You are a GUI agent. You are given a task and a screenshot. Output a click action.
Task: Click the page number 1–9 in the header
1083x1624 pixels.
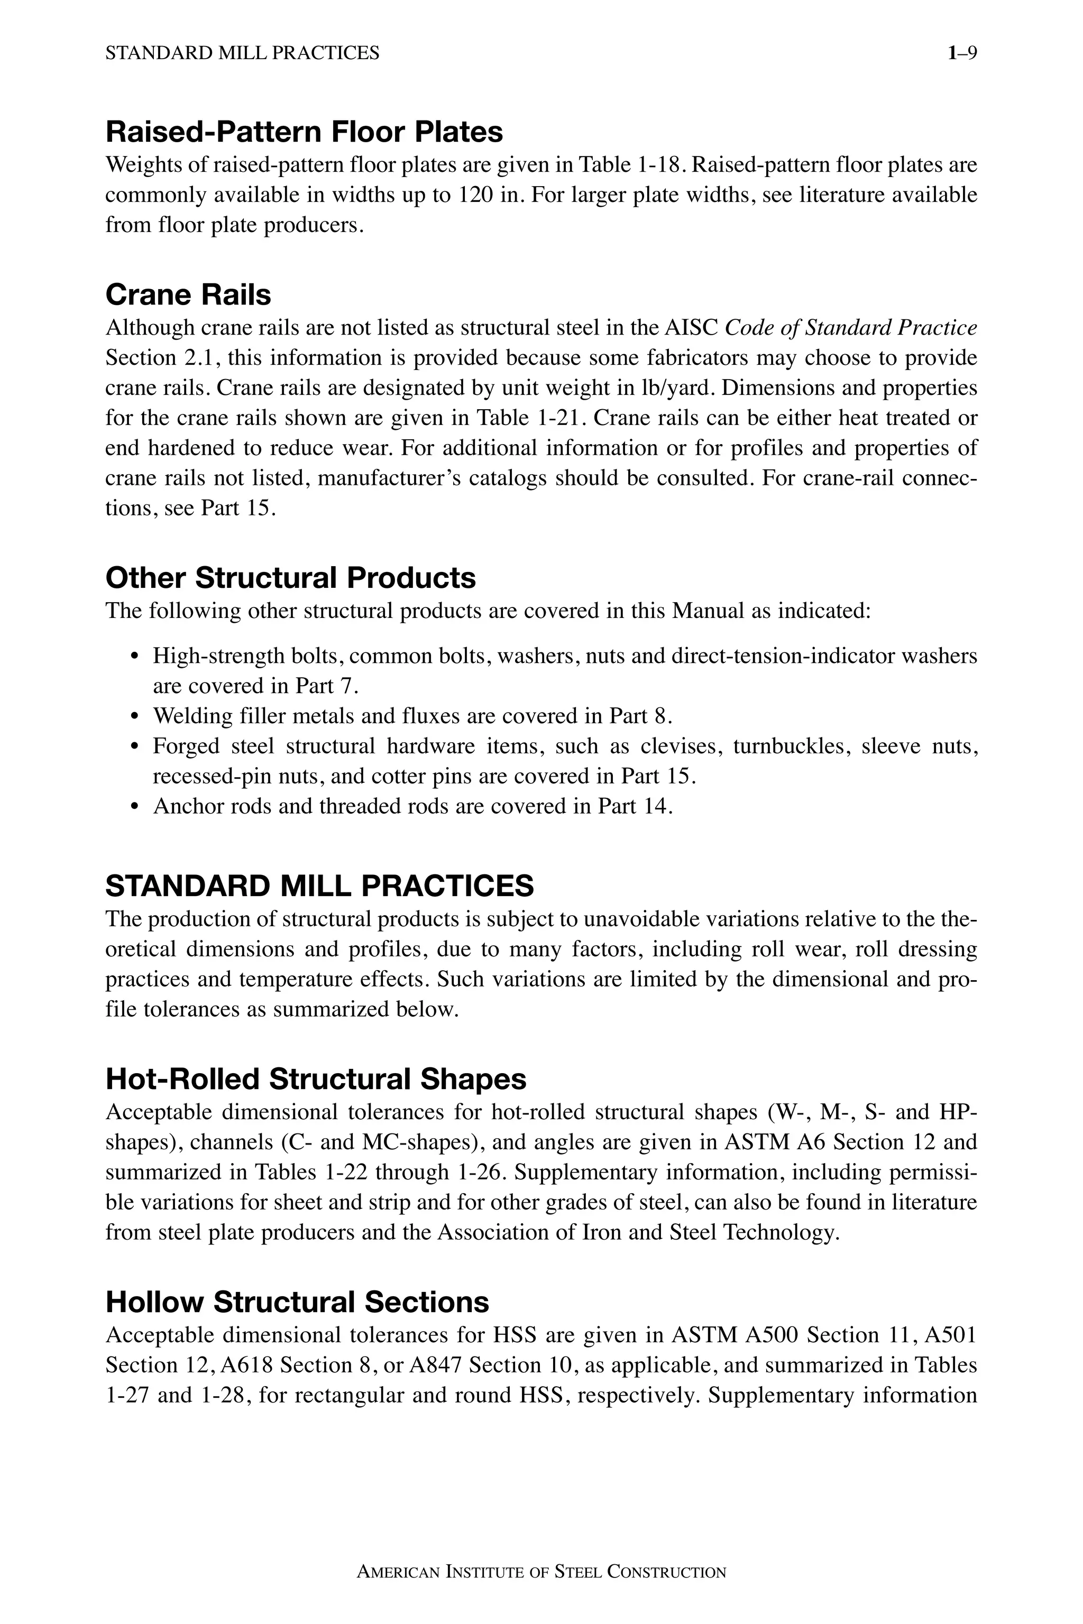coord(962,53)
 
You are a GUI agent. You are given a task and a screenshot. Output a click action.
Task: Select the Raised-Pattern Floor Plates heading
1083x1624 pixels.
coord(304,132)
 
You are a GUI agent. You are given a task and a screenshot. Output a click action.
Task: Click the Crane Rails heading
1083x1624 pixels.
coord(188,295)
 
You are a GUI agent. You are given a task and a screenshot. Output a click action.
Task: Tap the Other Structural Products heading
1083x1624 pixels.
coord(290,577)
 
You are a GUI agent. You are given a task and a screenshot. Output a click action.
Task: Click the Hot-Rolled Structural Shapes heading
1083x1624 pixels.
coord(316,1078)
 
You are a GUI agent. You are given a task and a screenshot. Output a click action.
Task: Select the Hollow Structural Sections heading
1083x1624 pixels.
coord(297,1302)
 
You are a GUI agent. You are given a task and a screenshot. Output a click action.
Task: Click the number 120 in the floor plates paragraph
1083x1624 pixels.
coord(475,196)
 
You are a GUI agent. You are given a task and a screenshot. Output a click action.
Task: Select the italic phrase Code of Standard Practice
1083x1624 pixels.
coord(850,327)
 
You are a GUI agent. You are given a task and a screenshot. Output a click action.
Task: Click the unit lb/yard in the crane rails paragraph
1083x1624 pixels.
coord(674,388)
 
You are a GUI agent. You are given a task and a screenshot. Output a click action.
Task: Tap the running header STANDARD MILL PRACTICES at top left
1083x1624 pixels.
coord(242,53)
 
